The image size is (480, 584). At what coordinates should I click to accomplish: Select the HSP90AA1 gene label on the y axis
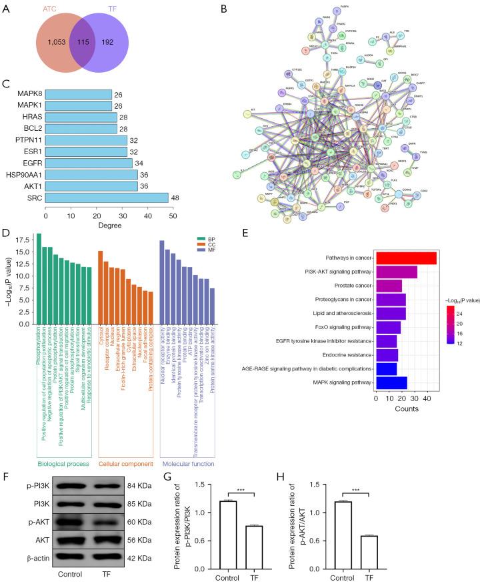tap(24, 174)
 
